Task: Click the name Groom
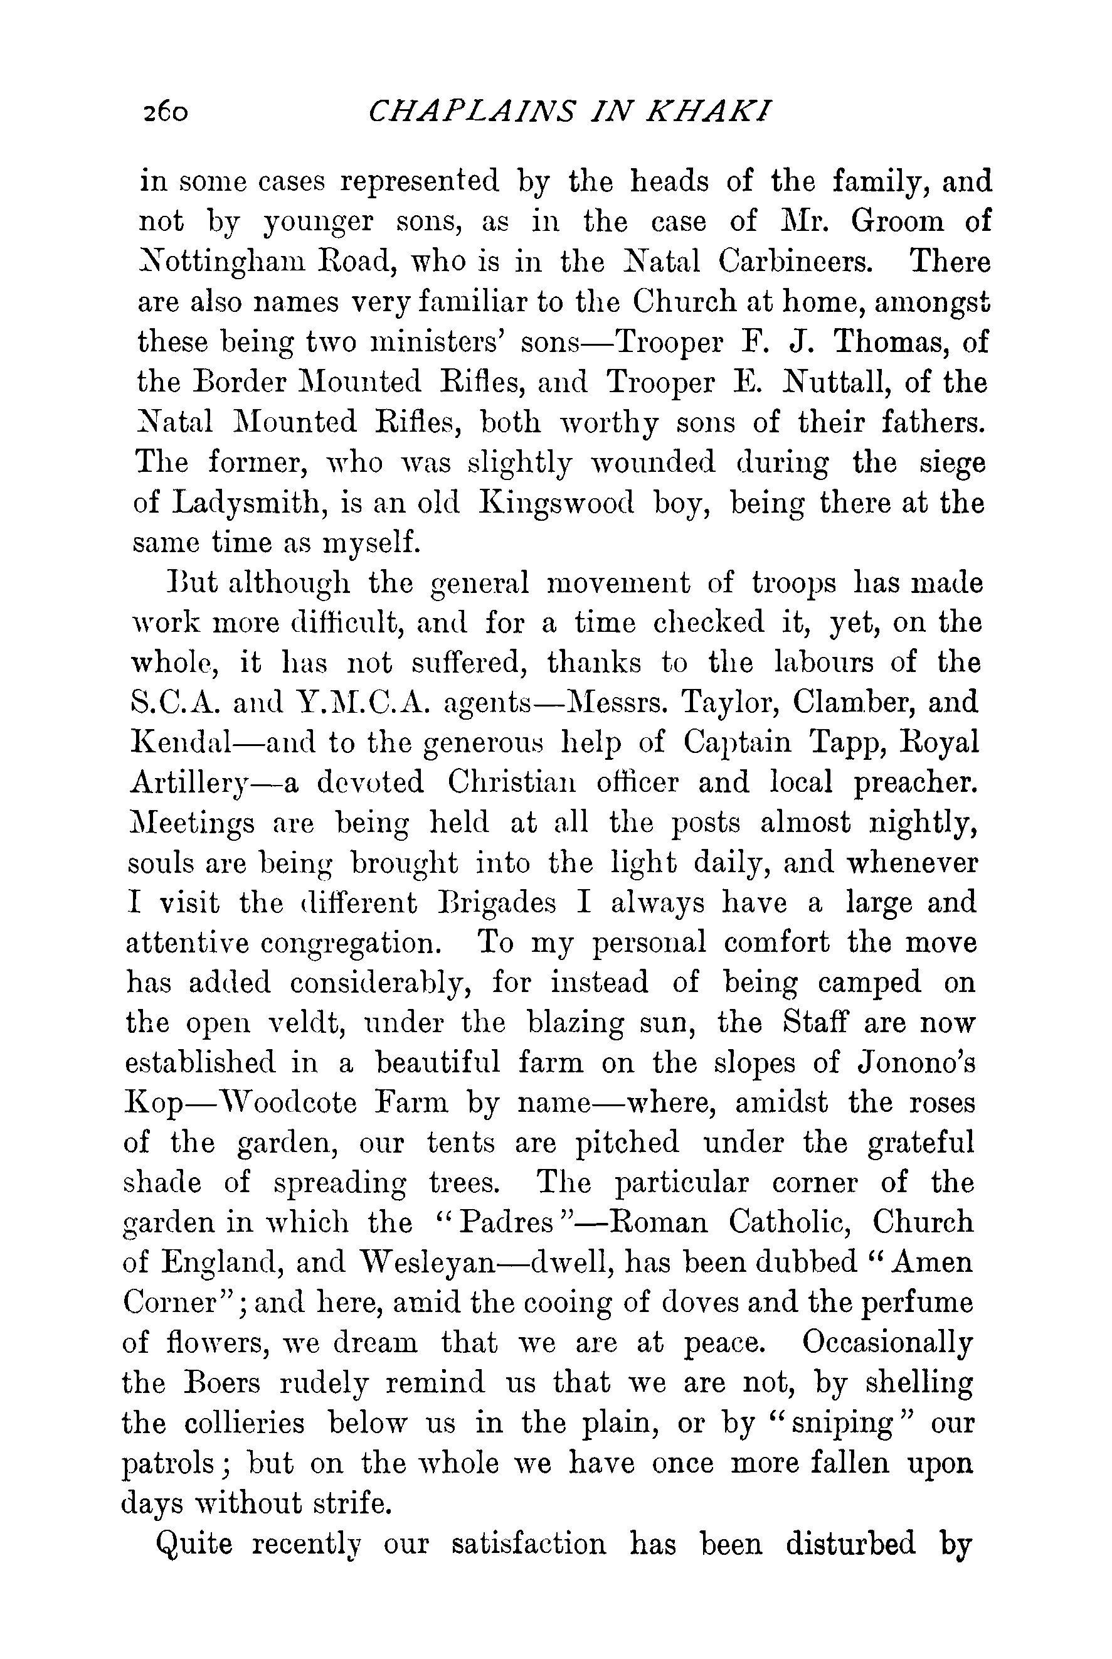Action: coord(898,222)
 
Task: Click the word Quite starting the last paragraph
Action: coord(194,1545)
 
